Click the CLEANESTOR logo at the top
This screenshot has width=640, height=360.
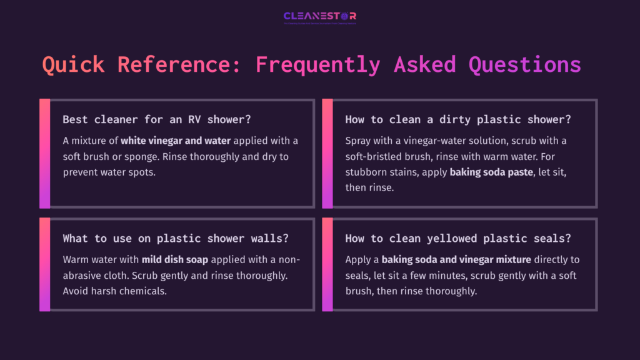click(319, 17)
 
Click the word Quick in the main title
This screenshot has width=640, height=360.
click(73, 64)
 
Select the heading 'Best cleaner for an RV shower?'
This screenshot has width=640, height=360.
click(151, 119)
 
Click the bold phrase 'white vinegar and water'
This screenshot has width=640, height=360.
click(176, 141)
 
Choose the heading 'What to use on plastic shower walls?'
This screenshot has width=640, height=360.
click(176, 238)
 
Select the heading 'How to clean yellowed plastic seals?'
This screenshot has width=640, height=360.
click(458, 238)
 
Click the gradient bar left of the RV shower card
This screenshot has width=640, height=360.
click(44, 153)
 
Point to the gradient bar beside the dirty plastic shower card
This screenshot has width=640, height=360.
click(327, 153)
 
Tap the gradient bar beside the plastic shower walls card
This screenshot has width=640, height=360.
click(44, 264)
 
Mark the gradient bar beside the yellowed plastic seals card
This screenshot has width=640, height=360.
click(327, 264)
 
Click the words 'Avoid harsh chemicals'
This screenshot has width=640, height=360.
click(115, 291)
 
